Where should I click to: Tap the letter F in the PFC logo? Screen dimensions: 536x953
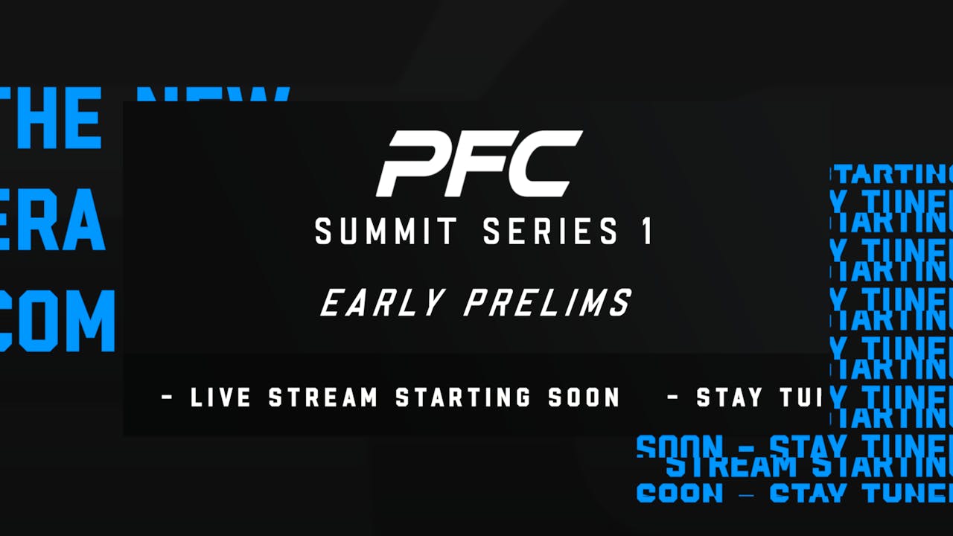476,164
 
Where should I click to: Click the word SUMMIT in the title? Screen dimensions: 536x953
386,232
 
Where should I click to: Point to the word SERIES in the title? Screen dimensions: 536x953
551,232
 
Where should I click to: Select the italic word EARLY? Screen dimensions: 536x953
383,303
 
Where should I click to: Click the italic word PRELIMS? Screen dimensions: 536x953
548,303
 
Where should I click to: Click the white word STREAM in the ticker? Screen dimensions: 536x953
324,398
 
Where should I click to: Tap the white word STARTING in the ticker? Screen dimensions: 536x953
462,398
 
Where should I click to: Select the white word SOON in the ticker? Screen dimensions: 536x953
584,398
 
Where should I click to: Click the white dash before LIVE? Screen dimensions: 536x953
168,398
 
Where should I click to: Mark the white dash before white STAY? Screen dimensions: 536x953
673,398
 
